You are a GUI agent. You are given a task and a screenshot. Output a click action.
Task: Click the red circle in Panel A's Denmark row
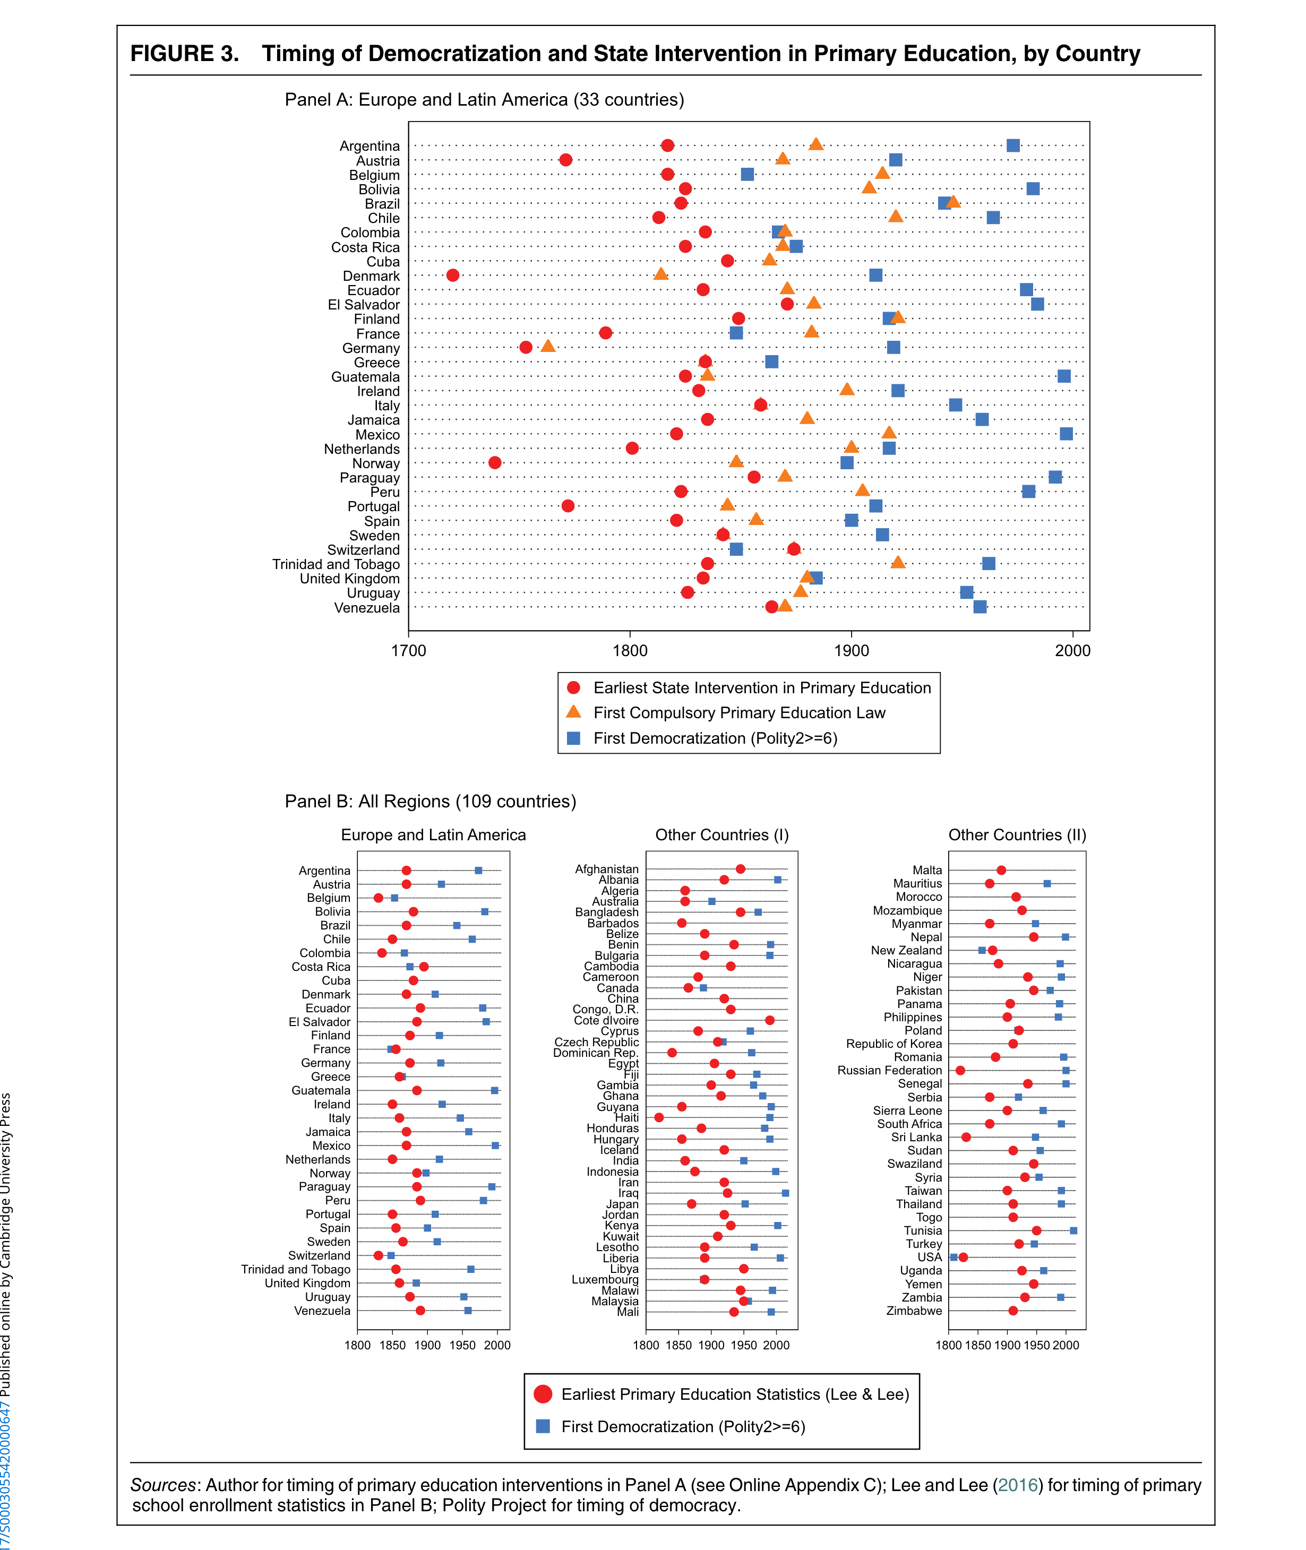coord(453,275)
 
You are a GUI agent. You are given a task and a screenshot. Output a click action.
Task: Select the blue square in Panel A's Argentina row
coord(1013,145)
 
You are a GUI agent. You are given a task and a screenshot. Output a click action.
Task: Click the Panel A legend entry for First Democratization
coord(715,738)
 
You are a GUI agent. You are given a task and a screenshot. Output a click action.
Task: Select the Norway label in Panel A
coord(375,463)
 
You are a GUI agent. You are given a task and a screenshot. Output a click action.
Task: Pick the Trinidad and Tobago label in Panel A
coord(336,564)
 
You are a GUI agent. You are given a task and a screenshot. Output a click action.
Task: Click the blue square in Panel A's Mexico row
coord(1066,434)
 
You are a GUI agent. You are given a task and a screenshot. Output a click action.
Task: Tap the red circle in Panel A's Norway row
coord(495,463)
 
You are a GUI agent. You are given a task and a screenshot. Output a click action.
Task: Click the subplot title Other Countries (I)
coord(722,835)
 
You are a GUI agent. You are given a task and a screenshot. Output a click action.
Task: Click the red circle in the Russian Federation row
coord(960,1070)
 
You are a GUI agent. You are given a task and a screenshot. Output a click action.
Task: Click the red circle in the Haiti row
coord(659,1117)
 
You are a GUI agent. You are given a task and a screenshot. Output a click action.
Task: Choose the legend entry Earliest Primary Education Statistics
coord(734,1394)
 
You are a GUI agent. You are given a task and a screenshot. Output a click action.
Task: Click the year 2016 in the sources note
coord(1017,1485)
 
